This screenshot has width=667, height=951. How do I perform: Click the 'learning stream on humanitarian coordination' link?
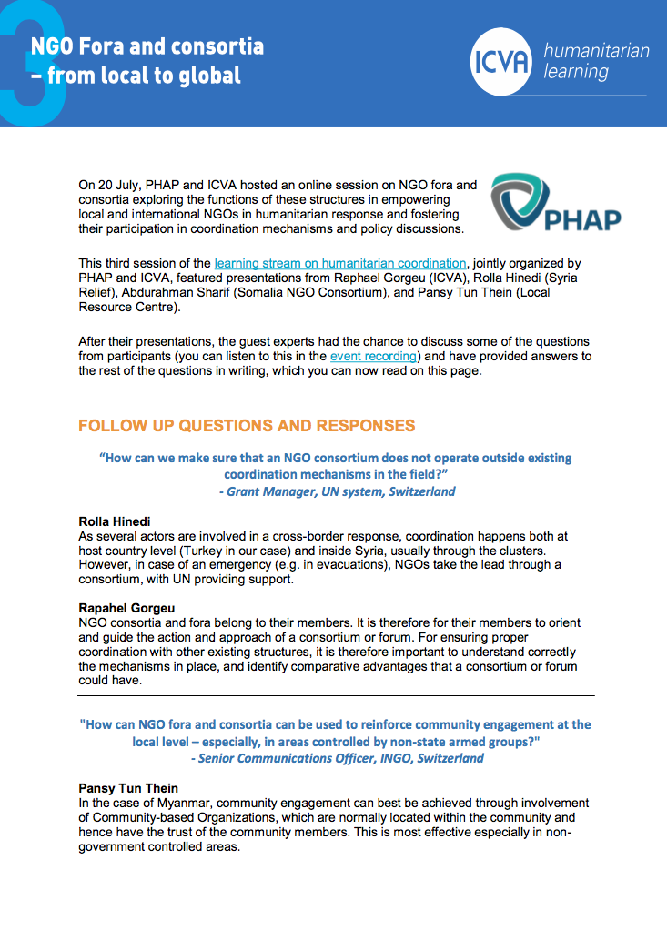340,263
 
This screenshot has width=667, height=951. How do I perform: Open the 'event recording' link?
373,356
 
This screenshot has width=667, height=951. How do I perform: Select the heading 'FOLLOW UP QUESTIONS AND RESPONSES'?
247,426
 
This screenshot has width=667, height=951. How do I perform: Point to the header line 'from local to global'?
144,75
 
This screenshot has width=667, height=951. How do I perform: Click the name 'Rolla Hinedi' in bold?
115,521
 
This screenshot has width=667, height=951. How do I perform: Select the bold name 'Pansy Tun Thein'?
128,788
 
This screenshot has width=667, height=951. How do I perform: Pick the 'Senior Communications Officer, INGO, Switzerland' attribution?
340,757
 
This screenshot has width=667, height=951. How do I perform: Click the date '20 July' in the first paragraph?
118,186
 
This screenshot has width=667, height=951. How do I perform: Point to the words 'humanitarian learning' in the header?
595,60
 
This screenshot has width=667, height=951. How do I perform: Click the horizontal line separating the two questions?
336,696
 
